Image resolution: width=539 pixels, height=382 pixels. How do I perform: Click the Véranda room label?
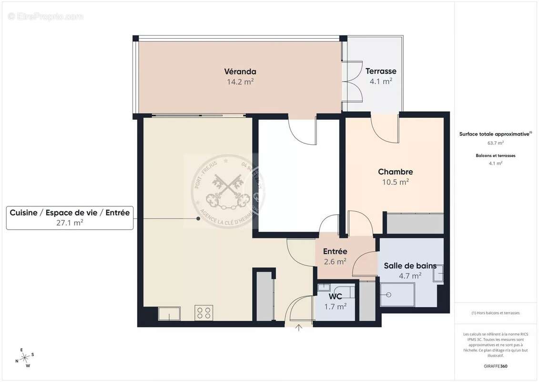coord(240,72)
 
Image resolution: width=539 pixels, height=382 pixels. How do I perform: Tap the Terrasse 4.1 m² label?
coord(381,76)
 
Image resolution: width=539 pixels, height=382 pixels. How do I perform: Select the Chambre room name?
coord(395,172)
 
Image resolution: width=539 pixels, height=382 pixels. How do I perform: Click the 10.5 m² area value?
coord(395,182)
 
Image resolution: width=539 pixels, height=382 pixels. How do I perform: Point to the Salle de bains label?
coord(410,266)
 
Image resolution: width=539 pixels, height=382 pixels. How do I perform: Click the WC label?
coord(336,297)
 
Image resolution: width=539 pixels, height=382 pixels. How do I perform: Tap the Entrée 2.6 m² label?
coord(335,256)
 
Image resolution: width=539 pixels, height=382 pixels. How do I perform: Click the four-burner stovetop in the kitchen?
coord(204,313)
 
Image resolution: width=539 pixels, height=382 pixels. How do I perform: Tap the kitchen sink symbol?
coord(170,313)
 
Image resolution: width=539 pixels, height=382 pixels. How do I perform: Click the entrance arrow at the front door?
coord(299,328)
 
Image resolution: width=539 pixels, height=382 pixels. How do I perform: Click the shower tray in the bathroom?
coord(397,295)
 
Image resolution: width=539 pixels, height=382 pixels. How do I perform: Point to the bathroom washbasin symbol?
coord(439,274)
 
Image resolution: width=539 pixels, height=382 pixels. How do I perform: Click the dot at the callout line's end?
coord(198,219)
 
